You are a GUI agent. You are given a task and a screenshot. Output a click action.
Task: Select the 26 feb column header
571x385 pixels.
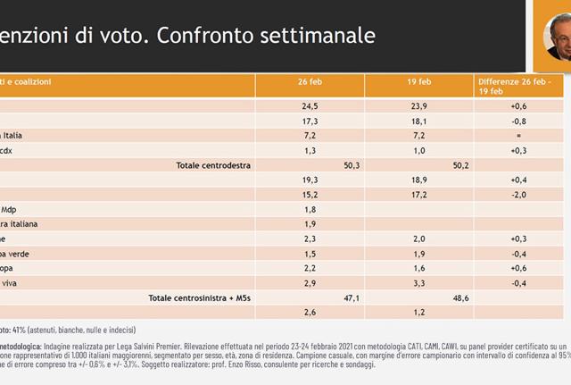point(310,81)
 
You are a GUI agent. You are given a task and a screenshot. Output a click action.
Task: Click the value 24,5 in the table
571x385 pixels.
point(310,105)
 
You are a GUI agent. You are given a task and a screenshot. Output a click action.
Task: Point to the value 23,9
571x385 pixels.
point(418,105)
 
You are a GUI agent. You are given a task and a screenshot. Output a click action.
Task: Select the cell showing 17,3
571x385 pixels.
point(310,120)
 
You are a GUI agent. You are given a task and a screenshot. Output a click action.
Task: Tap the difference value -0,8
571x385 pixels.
point(517,120)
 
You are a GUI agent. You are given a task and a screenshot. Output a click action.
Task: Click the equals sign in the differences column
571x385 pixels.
point(517,135)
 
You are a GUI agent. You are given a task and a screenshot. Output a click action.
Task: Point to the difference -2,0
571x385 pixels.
point(517,195)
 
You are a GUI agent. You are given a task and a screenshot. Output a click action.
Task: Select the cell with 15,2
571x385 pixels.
point(310,195)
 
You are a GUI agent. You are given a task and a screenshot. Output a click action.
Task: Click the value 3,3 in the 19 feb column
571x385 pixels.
point(418,282)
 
